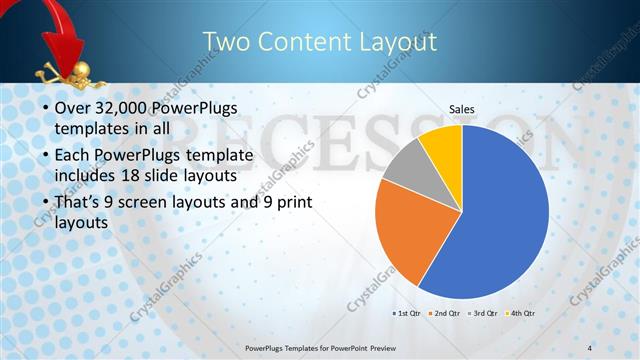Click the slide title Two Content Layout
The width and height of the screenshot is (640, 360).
320,42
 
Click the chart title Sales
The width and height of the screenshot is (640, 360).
461,109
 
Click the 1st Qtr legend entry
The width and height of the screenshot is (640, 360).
406,314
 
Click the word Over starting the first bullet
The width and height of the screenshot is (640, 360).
72,109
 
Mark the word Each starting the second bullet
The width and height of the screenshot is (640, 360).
72,156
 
